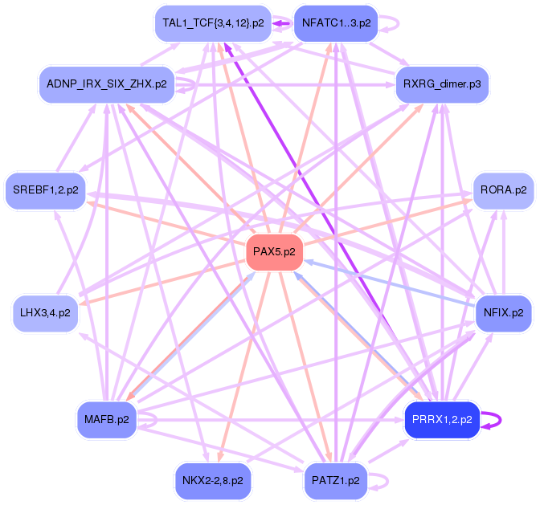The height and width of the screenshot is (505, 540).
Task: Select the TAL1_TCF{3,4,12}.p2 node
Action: pos(212,23)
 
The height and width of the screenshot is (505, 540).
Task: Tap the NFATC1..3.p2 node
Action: pos(336,23)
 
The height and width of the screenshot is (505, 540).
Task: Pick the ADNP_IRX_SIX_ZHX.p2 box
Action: pos(107,83)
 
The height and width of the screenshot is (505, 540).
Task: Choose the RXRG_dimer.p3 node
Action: pos(442,83)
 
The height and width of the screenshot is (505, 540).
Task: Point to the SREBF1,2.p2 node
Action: pos(46,190)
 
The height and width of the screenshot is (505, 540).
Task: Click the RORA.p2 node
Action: pos(503,190)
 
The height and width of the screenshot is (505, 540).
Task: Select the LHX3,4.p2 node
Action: pos(46,312)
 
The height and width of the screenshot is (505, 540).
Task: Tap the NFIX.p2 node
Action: pos(503,312)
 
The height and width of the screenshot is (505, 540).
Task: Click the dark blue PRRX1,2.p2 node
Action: pos(442,419)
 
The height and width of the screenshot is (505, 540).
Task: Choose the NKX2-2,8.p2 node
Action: pos(212,480)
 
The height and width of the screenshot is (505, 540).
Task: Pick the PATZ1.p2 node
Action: pos(336,480)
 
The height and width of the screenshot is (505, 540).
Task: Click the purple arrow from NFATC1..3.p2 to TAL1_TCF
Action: pos(280,23)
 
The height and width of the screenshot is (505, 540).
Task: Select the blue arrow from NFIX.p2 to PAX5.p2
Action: pos(386,286)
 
